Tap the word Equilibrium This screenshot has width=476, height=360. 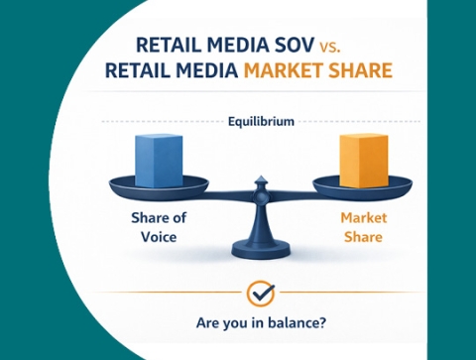[x=259, y=122]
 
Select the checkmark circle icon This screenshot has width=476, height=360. [x=260, y=294]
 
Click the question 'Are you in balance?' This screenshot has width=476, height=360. [x=260, y=322]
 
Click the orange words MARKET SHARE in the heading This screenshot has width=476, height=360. [x=318, y=70]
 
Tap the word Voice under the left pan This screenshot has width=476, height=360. [x=157, y=238]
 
